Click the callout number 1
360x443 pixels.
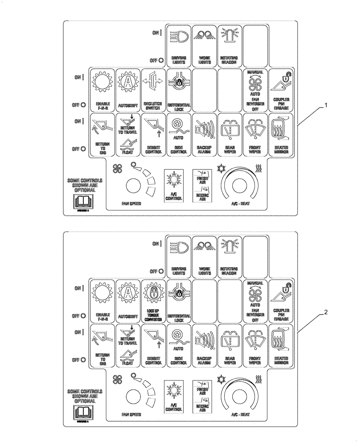(326, 105)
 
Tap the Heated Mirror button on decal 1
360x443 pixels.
(281, 135)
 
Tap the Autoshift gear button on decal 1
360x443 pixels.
(128, 90)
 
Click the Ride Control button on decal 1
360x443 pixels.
(179, 135)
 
